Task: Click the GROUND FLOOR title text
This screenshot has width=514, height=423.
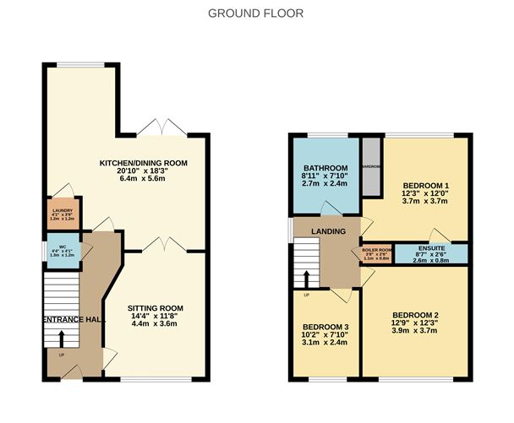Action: point(255,14)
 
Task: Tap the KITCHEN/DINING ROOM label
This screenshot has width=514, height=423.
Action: point(143,163)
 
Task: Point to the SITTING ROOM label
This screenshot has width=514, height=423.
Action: point(155,308)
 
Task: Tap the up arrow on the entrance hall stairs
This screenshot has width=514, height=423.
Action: point(61,338)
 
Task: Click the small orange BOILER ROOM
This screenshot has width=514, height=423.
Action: point(377,252)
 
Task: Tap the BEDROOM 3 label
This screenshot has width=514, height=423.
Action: point(325,327)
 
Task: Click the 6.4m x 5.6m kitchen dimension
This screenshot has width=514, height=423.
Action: point(143,180)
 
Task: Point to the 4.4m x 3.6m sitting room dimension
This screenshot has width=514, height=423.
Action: point(155,325)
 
